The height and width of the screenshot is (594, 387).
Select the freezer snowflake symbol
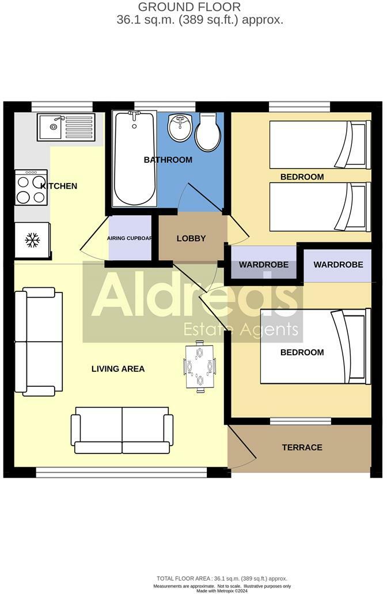pyautogui.click(x=31, y=239)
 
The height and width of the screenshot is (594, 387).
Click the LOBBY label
pyautogui.click(x=191, y=238)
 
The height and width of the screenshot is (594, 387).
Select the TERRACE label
pyautogui.click(x=302, y=447)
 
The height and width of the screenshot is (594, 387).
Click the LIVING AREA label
pyautogui.click(x=118, y=368)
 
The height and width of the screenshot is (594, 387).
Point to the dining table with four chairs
pyautogui.click(x=199, y=366)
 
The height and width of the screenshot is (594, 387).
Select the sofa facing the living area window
pyautogui.click(x=122, y=430)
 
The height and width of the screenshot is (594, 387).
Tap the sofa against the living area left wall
pyautogui.click(x=39, y=342)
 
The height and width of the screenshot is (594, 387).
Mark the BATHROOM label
pyautogui.click(x=168, y=159)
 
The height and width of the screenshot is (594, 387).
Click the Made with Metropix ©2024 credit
pyautogui.click(x=221, y=591)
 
